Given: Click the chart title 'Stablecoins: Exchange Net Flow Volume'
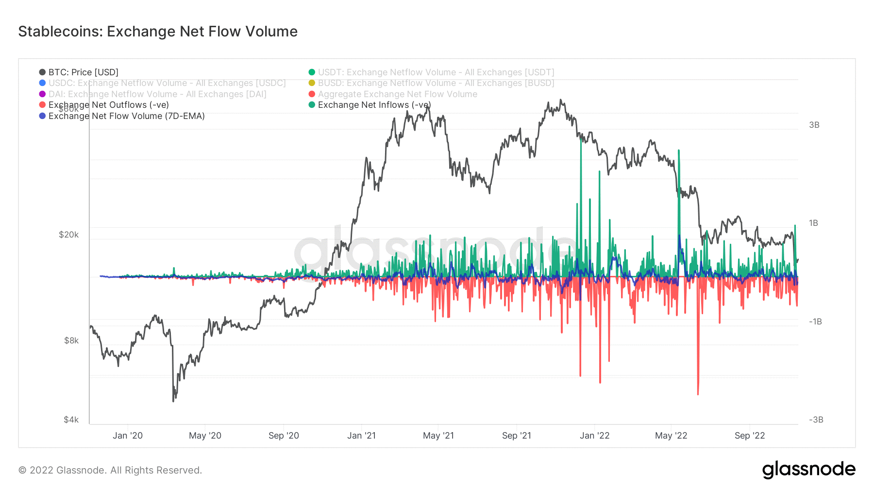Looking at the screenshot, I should click(x=158, y=32).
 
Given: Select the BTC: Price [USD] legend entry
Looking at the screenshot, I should click(x=83, y=72).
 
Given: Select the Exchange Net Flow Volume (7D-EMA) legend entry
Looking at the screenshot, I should click(x=126, y=116).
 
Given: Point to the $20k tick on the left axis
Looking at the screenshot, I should click(x=68, y=235).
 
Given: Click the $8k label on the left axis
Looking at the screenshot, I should click(x=71, y=340).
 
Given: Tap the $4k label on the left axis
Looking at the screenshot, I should click(x=71, y=420).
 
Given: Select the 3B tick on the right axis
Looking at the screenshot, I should click(x=814, y=125).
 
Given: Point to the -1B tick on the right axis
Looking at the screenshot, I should click(x=815, y=322).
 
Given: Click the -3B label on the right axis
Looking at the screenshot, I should click(x=816, y=420).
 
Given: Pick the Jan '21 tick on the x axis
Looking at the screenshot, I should click(x=361, y=436).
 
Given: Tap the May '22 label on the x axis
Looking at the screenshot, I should click(x=671, y=436).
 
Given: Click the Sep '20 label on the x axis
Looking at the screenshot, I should click(x=284, y=436).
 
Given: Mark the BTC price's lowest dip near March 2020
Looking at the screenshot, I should click(x=173, y=400).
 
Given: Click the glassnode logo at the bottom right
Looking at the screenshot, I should click(x=808, y=470).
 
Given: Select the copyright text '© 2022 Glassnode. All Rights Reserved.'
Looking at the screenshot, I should click(x=110, y=470).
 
